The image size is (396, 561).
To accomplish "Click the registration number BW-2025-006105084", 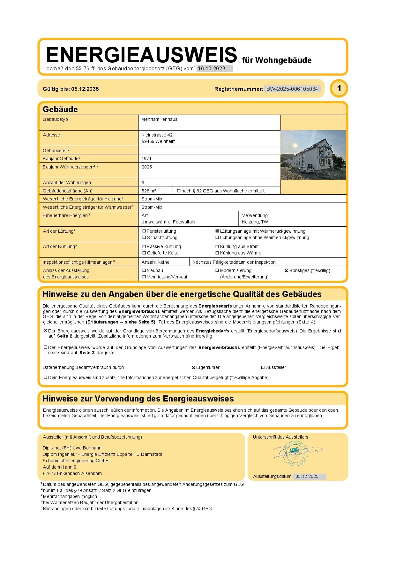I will pos(292,89).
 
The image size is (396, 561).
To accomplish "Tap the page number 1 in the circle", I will pos(339,88).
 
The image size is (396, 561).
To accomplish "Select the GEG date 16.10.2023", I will pos(212,68).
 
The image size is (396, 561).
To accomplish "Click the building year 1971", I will pos(146,159).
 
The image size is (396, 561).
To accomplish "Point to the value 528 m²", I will pos(149,191).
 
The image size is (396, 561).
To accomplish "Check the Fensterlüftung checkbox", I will pos(144,231).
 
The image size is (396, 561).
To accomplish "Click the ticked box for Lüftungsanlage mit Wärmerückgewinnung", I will pos(217,231).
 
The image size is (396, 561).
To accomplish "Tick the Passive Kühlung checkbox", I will pos(144,246).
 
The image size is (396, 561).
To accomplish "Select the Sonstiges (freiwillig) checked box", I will pos(287,270).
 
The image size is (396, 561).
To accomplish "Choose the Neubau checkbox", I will pos(144,270).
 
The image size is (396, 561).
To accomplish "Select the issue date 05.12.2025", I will pos(307,476).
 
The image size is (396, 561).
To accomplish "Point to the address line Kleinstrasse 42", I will pos(157,135).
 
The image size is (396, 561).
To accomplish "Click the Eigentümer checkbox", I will pos(193,368).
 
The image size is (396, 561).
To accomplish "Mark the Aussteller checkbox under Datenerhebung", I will pos(263,368).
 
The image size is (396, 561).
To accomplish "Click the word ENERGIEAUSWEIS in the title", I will pos(141,55).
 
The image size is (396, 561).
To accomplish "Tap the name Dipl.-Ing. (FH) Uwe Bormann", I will pos(72,448).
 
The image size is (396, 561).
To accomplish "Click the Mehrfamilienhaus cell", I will pos(159,119).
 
